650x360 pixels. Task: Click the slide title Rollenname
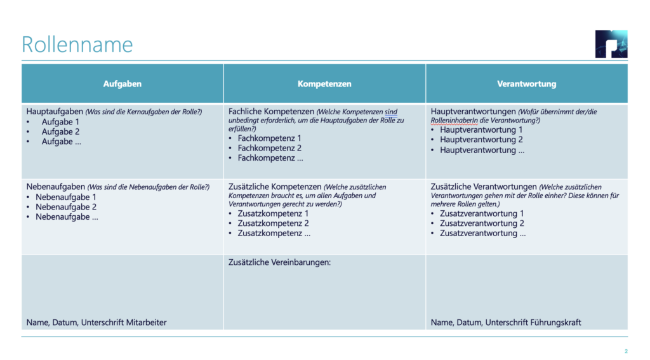pos(77,44)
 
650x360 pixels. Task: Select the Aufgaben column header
pos(123,84)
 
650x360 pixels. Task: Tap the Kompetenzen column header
pos(324,84)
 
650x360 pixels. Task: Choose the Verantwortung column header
pos(526,84)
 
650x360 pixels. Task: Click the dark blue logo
pos(611,44)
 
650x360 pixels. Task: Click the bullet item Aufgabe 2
pos(61,132)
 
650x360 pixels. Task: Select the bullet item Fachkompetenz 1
pos(269,138)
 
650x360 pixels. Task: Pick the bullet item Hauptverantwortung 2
pos(481,140)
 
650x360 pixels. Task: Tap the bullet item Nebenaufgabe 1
pos(66,197)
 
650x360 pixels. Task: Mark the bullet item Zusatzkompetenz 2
pos(273,223)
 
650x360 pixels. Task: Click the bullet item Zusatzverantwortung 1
pos(482,213)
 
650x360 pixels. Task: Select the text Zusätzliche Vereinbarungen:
pos(279,262)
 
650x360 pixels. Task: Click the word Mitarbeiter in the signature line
pos(147,323)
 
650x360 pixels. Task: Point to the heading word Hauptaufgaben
pos(55,112)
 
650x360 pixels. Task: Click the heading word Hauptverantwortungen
pos(473,112)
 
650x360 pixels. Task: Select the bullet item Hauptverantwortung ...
pos(482,150)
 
